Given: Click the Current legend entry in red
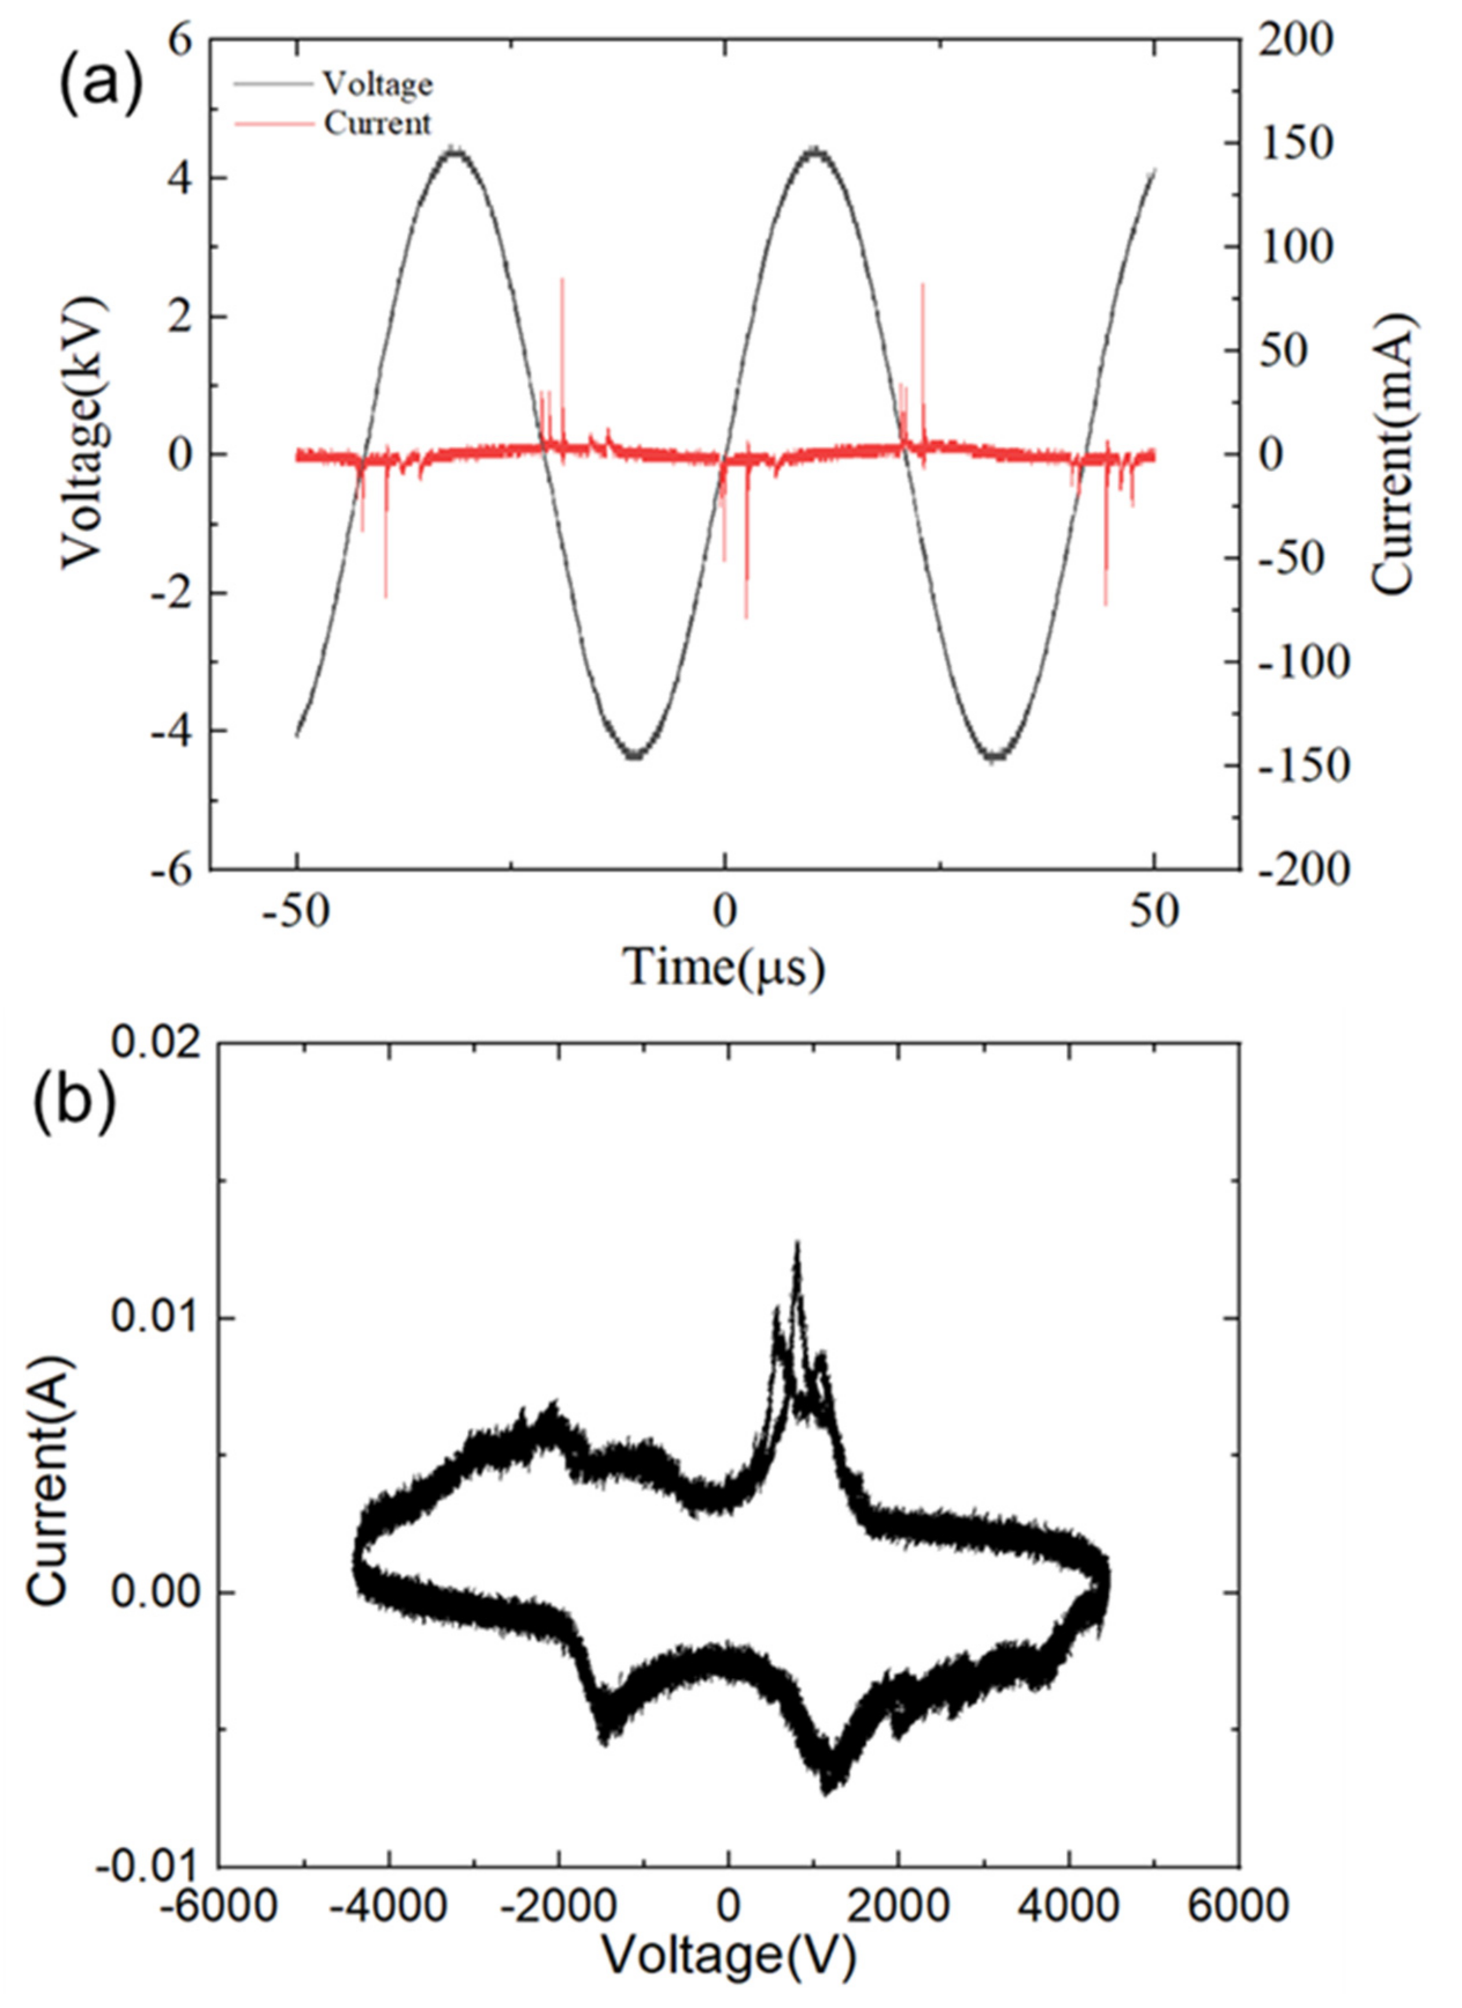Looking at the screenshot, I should coord(377,123).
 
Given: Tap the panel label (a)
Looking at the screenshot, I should coord(100,84).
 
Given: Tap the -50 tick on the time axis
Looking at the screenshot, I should coord(297,912).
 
